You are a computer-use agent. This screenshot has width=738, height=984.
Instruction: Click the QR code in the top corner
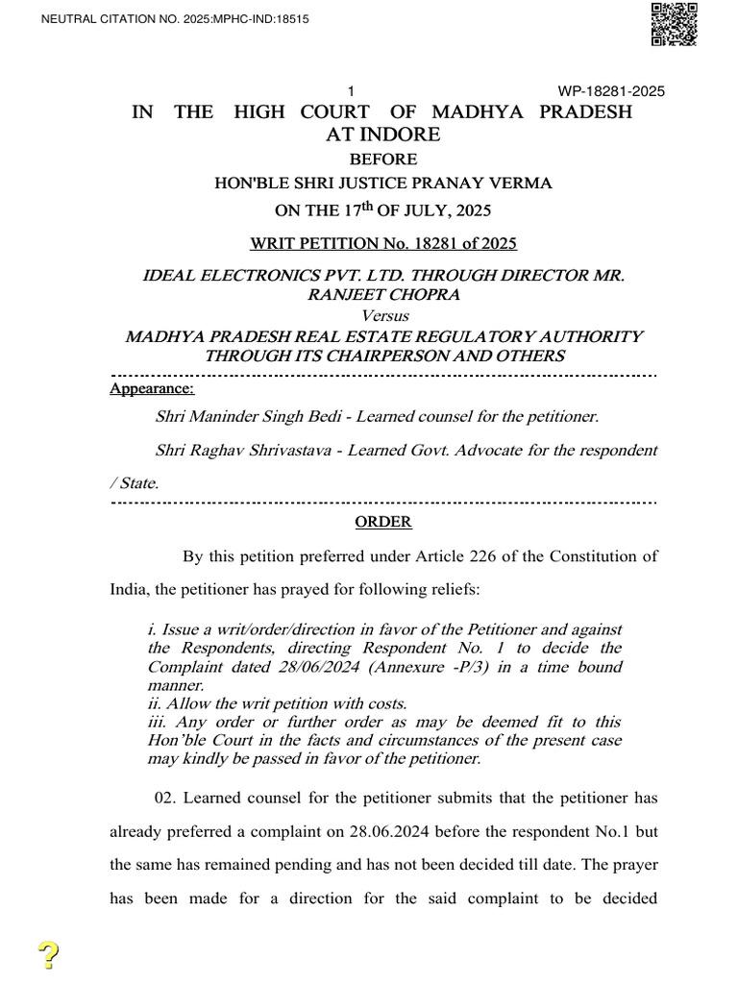pos(675,24)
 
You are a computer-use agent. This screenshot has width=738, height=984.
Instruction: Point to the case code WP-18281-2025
pos(611,91)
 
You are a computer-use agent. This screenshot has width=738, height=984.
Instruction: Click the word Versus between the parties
pos(383,316)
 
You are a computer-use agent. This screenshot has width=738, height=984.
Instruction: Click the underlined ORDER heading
pos(383,522)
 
